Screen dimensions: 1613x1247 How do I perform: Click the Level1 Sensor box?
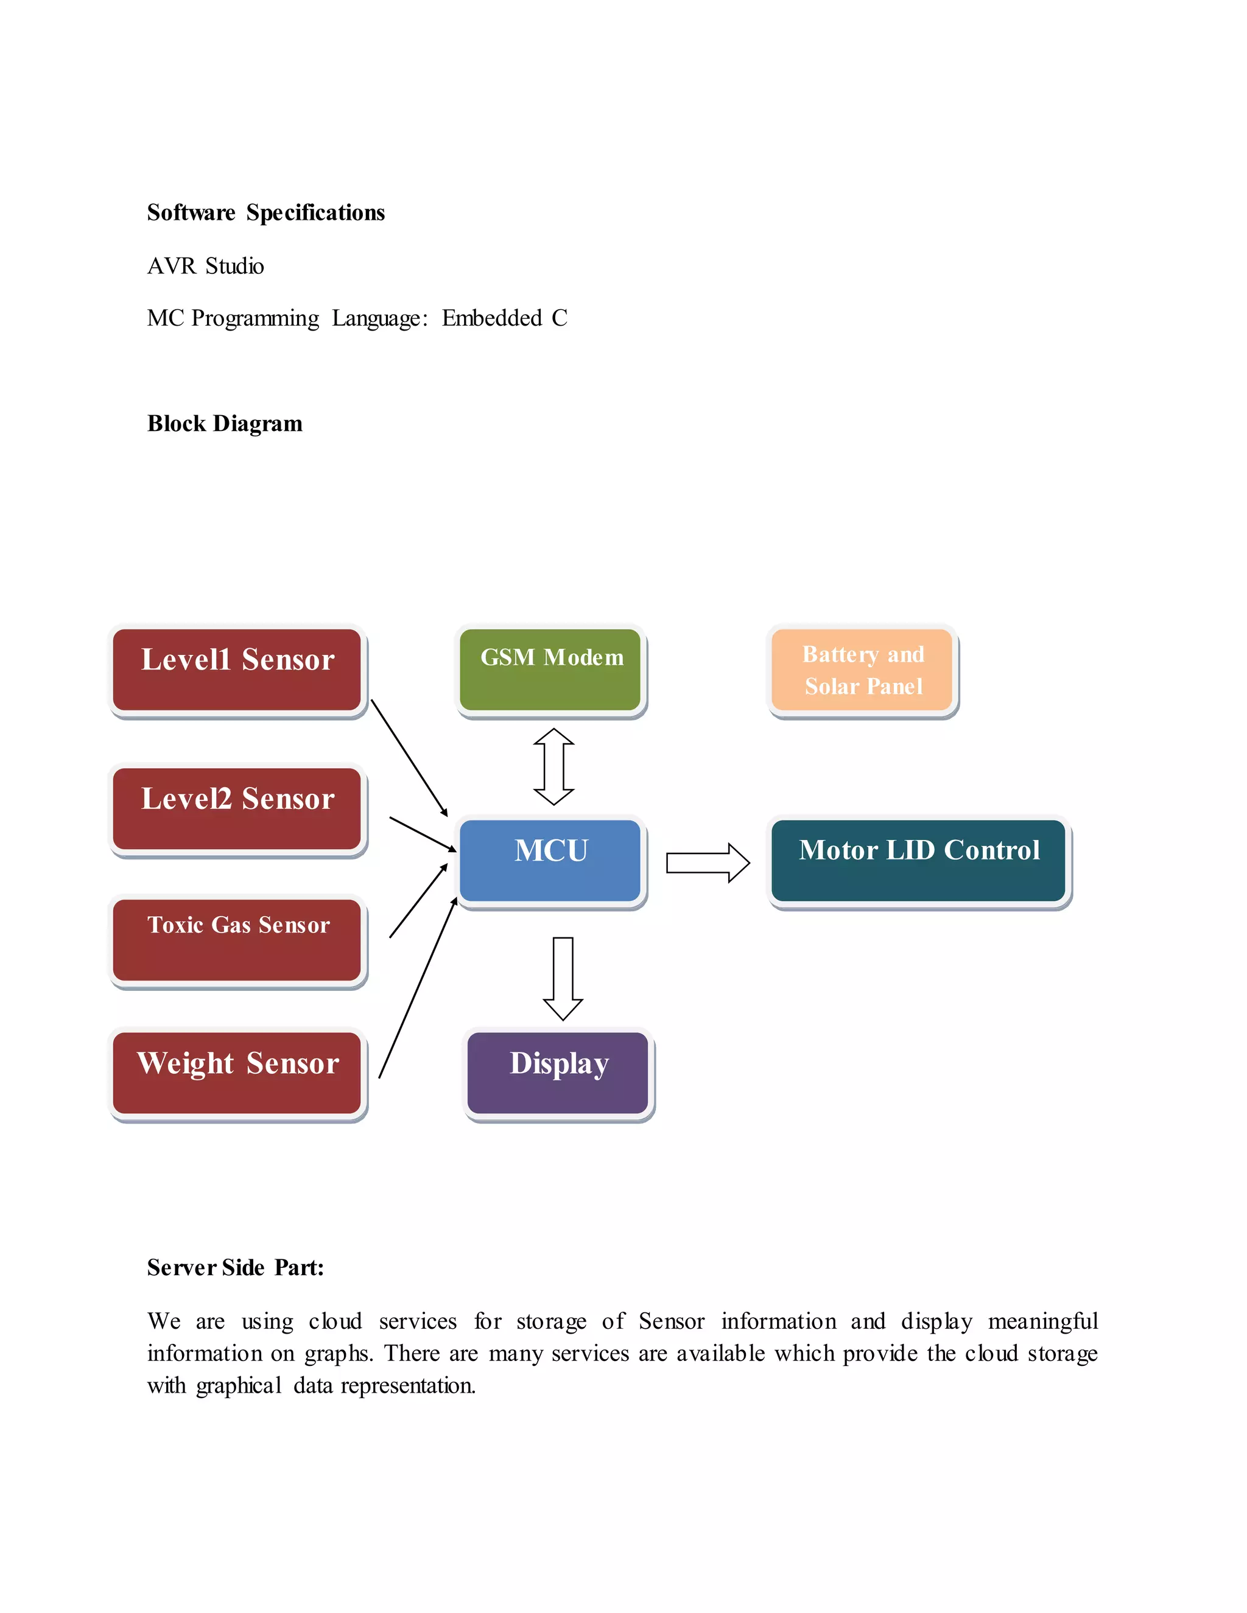[x=237, y=670]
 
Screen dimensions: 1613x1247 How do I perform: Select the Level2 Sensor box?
[x=237, y=809]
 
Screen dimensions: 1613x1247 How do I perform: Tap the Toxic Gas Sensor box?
[x=237, y=939]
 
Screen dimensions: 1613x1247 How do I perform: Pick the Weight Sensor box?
[x=237, y=1072]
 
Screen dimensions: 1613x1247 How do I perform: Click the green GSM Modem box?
[x=550, y=670]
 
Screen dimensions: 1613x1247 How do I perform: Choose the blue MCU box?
[x=550, y=861]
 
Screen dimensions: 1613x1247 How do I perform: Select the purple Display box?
[x=558, y=1072]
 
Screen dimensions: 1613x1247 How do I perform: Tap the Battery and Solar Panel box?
[x=862, y=670]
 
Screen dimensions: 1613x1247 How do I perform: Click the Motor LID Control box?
[x=918, y=861]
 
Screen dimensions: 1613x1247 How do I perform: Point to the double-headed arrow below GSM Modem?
[x=554, y=766]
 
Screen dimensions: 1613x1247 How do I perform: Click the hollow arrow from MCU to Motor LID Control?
[x=708, y=862]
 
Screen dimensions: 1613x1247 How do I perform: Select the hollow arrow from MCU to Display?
[x=563, y=978]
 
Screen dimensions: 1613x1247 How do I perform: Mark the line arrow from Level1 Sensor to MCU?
[x=409, y=758]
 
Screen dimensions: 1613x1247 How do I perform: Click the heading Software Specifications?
[x=266, y=212]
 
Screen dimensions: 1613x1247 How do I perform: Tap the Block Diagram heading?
[x=225, y=424]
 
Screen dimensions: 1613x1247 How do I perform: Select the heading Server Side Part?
[x=236, y=1268]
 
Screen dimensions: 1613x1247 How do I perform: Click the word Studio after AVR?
[x=234, y=266]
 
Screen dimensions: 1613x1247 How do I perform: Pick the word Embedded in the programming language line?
[x=492, y=318]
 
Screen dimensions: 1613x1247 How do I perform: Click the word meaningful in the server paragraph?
[x=1042, y=1321]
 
